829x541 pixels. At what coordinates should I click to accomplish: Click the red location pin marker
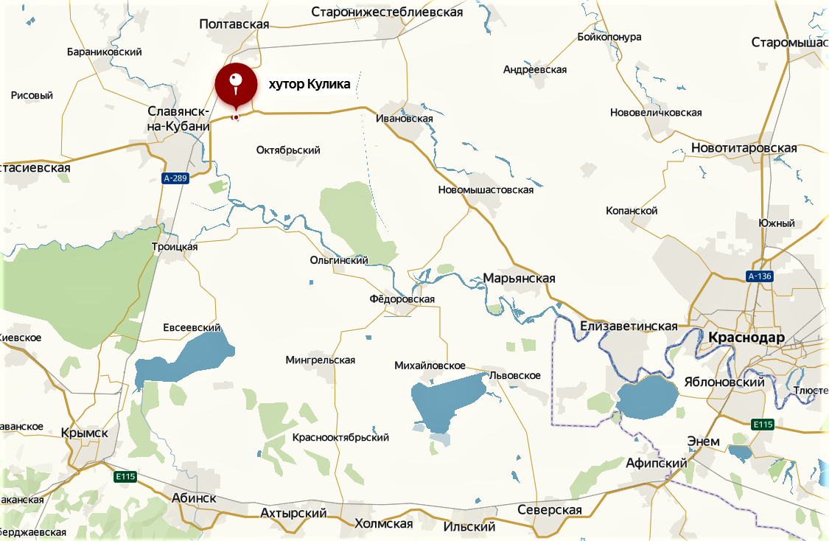[x=235, y=85]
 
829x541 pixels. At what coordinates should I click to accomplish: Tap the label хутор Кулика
[x=309, y=85]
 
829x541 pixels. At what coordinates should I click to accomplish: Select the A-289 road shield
[x=176, y=178]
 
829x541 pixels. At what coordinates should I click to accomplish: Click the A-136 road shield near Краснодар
[x=760, y=277]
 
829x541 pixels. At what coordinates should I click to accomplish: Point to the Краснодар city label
[x=746, y=338]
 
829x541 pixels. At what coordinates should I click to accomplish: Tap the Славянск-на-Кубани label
[x=179, y=118]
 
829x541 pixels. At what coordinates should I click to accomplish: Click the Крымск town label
[x=85, y=433]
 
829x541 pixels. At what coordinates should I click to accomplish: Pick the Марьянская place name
[x=519, y=279]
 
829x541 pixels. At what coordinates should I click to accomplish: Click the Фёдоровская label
[x=402, y=299]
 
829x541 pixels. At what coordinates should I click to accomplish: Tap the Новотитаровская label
[x=744, y=148]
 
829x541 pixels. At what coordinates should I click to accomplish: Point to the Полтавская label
[x=234, y=24]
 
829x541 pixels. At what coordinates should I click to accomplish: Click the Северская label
[x=549, y=510]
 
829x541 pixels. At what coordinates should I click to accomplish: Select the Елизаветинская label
[x=629, y=326]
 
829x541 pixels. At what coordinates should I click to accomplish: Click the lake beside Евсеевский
[x=184, y=360]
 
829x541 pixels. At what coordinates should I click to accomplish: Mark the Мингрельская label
[x=321, y=360]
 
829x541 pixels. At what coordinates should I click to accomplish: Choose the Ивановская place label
[x=404, y=118]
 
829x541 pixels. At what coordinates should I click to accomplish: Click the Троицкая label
[x=175, y=247]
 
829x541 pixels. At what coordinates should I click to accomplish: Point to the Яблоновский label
[x=734, y=382]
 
